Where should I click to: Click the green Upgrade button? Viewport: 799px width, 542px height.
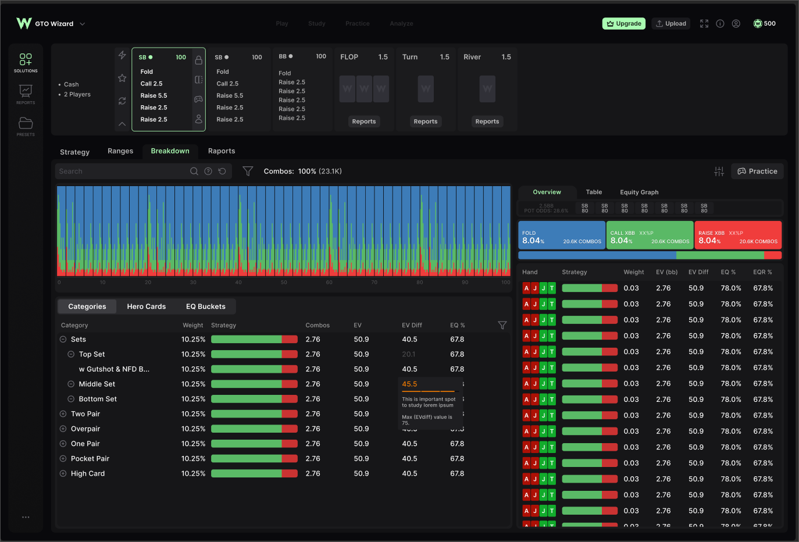[x=623, y=24]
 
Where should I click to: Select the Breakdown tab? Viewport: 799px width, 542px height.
[x=170, y=151]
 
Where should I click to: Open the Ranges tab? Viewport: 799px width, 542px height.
[x=120, y=151]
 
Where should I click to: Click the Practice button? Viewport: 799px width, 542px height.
[x=757, y=172]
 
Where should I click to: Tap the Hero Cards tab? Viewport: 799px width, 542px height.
[x=147, y=306]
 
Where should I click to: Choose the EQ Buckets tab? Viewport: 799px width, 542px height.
[x=205, y=306]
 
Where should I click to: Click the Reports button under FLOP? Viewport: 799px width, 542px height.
[x=363, y=122]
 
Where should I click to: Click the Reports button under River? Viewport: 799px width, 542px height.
[x=487, y=122]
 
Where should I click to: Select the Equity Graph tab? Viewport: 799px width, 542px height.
[x=639, y=192]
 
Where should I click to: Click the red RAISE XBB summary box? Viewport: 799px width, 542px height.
[x=737, y=236]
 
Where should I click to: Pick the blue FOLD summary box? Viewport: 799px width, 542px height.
[x=561, y=236]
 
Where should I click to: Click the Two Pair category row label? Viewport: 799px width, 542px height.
[x=85, y=414]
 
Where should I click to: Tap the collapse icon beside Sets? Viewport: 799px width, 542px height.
[x=63, y=340]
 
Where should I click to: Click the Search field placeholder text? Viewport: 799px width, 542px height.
[x=71, y=172]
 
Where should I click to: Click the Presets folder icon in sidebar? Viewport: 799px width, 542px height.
[x=26, y=123]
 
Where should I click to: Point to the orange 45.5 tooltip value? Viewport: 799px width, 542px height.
[x=409, y=384]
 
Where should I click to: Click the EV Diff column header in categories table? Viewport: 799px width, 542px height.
[x=412, y=326]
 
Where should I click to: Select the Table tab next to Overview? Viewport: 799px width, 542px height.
[x=594, y=192]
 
